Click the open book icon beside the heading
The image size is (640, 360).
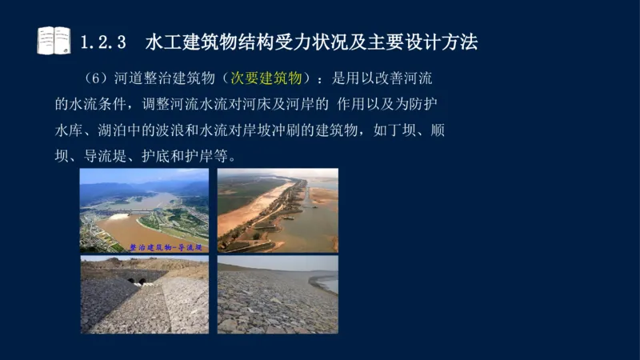pos(54,40)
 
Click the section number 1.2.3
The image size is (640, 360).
pos(106,42)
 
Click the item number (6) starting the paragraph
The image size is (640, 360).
pos(96,78)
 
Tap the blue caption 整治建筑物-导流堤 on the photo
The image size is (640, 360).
pos(166,247)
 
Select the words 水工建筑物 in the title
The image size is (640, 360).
pos(183,42)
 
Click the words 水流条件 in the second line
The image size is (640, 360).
pos(94,104)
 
